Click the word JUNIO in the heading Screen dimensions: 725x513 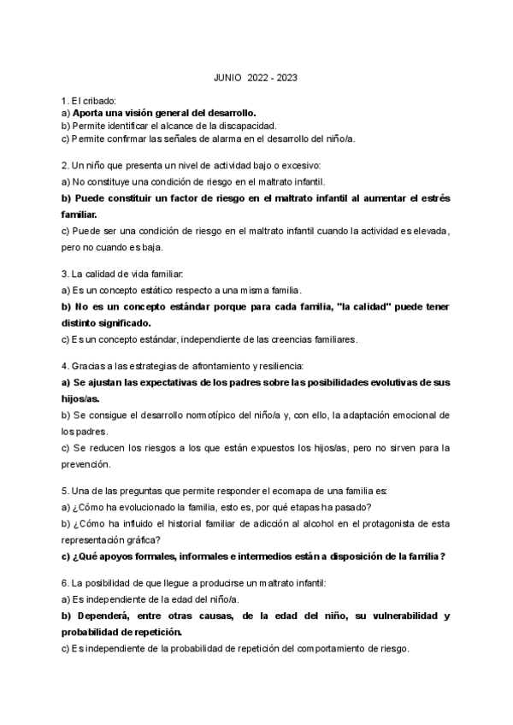click(228, 78)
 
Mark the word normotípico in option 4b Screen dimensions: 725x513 click(232, 416)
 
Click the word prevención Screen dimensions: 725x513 click(86, 464)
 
